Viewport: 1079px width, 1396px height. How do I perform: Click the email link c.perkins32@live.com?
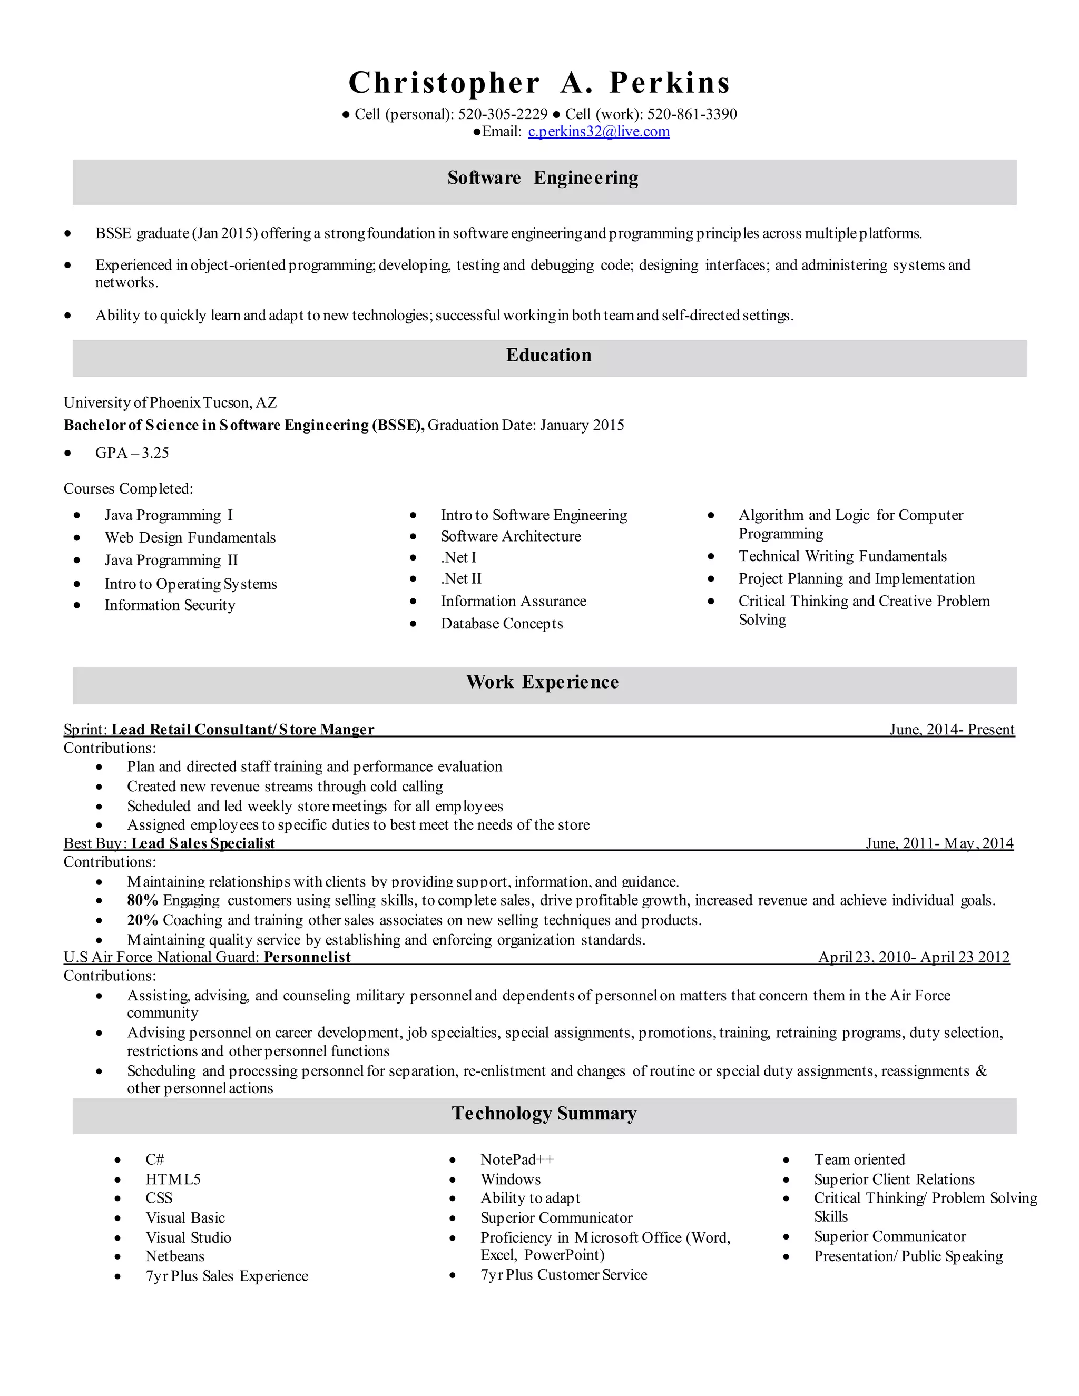click(599, 132)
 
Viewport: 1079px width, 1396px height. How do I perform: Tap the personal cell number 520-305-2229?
click(503, 114)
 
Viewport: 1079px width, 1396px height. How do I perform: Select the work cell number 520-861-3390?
click(692, 114)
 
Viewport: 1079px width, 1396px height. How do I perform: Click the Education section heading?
click(548, 356)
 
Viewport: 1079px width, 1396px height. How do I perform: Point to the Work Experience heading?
click(542, 682)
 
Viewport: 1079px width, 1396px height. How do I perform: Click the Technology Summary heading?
click(544, 1113)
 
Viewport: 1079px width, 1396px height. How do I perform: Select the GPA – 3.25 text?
click(132, 453)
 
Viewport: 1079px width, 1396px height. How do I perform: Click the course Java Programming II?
click(171, 561)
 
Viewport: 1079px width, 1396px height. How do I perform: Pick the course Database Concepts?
click(501, 624)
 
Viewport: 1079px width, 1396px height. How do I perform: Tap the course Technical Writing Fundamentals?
click(842, 556)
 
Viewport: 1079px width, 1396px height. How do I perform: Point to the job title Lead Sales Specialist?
click(203, 843)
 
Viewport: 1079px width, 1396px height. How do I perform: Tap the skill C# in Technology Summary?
click(155, 1159)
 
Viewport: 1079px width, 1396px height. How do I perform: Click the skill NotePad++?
click(517, 1159)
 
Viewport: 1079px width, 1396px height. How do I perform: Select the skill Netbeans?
click(174, 1256)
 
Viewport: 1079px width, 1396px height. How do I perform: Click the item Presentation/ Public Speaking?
click(908, 1256)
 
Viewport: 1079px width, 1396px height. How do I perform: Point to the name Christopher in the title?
click(444, 83)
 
